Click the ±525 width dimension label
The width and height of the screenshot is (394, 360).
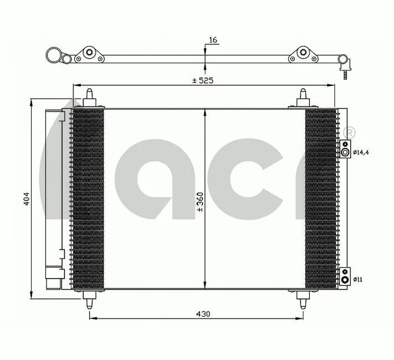coord(203,80)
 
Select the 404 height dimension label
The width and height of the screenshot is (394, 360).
coord(26,199)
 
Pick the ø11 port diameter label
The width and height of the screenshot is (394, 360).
coord(359,280)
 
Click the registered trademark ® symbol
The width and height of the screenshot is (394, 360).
coord(349,133)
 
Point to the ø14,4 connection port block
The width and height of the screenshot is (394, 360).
coord(345,148)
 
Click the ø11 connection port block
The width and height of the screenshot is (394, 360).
coord(345,276)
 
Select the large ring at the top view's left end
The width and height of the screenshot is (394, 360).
coord(54,55)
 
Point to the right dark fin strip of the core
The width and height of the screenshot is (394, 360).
coord(320,198)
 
